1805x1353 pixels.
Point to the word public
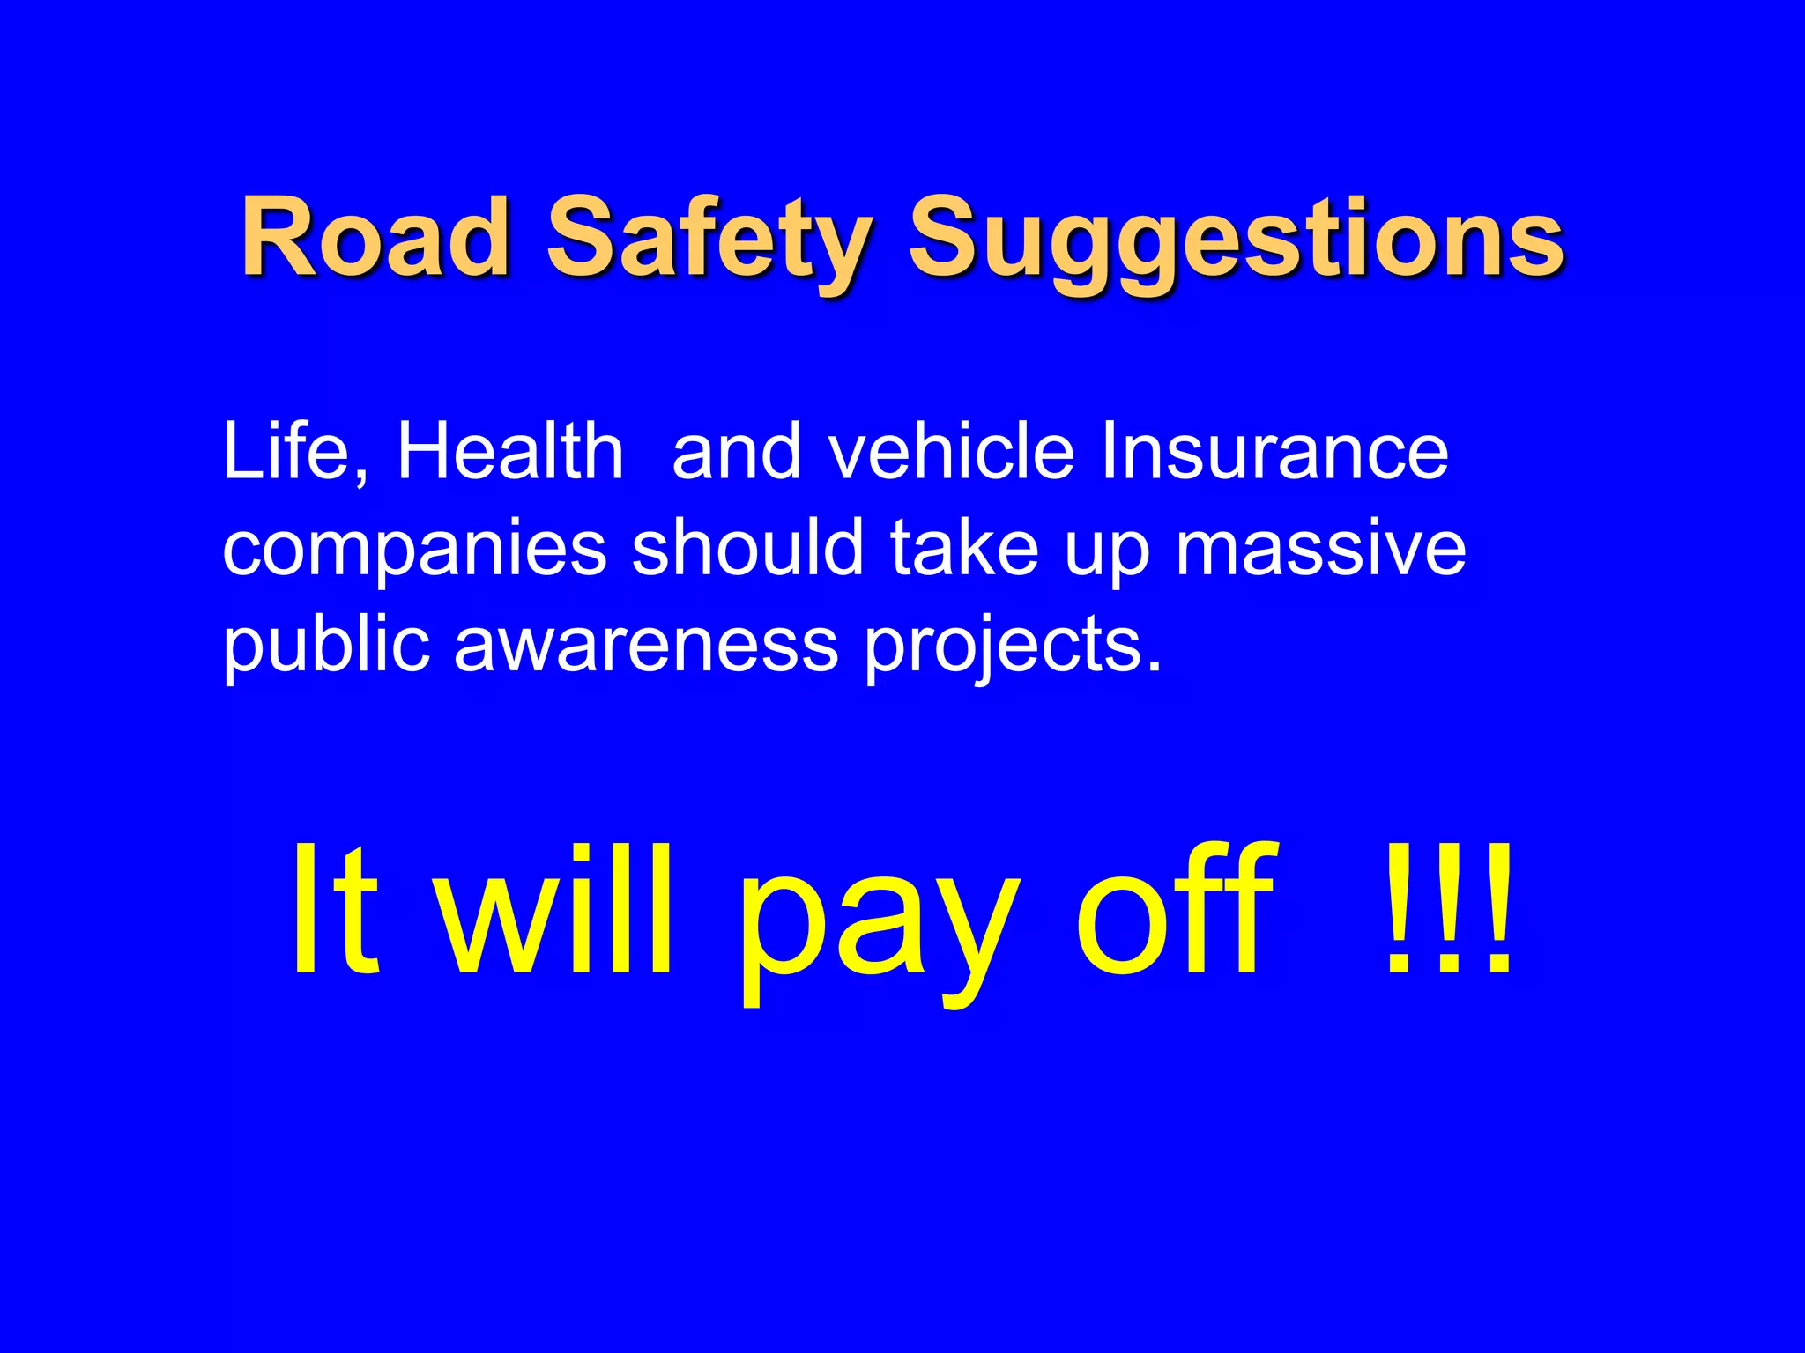coord(326,646)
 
